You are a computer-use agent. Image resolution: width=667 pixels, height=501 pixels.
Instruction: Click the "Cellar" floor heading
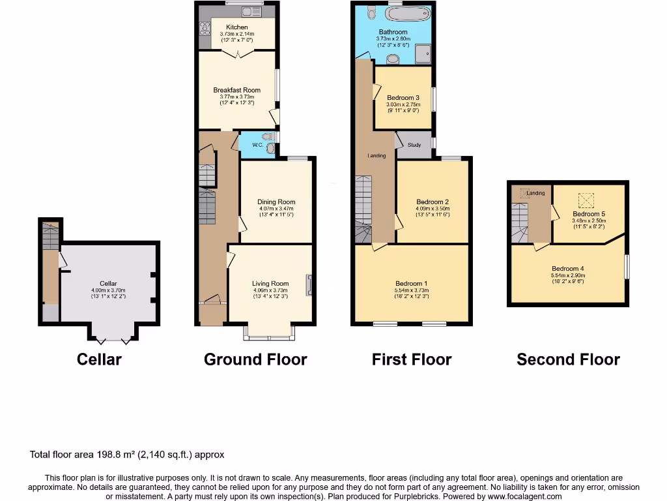click(99, 359)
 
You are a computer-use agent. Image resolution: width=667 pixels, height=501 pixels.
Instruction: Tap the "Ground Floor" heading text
click(255, 359)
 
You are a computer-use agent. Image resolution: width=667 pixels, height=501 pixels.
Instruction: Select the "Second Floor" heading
click(568, 359)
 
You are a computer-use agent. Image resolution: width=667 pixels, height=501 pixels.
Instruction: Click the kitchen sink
click(250, 11)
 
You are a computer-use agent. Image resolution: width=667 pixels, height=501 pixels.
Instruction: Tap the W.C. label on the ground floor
click(257, 145)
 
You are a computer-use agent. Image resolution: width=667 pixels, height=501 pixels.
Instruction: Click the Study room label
click(415, 145)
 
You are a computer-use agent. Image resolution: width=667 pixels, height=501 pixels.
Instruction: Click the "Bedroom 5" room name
click(589, 214)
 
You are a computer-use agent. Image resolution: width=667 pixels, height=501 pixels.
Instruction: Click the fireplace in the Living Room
click(309, 284)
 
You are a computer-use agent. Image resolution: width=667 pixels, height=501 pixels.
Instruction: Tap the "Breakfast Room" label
click(237, 91)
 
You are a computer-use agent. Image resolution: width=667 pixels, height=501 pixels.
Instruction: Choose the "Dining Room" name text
click(277, 202)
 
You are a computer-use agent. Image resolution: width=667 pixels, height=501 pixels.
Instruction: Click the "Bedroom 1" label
click(412, 284)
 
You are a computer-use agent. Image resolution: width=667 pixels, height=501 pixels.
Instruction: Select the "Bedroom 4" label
click(568, 269)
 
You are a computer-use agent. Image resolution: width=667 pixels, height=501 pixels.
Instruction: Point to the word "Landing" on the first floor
click(376, 156)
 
